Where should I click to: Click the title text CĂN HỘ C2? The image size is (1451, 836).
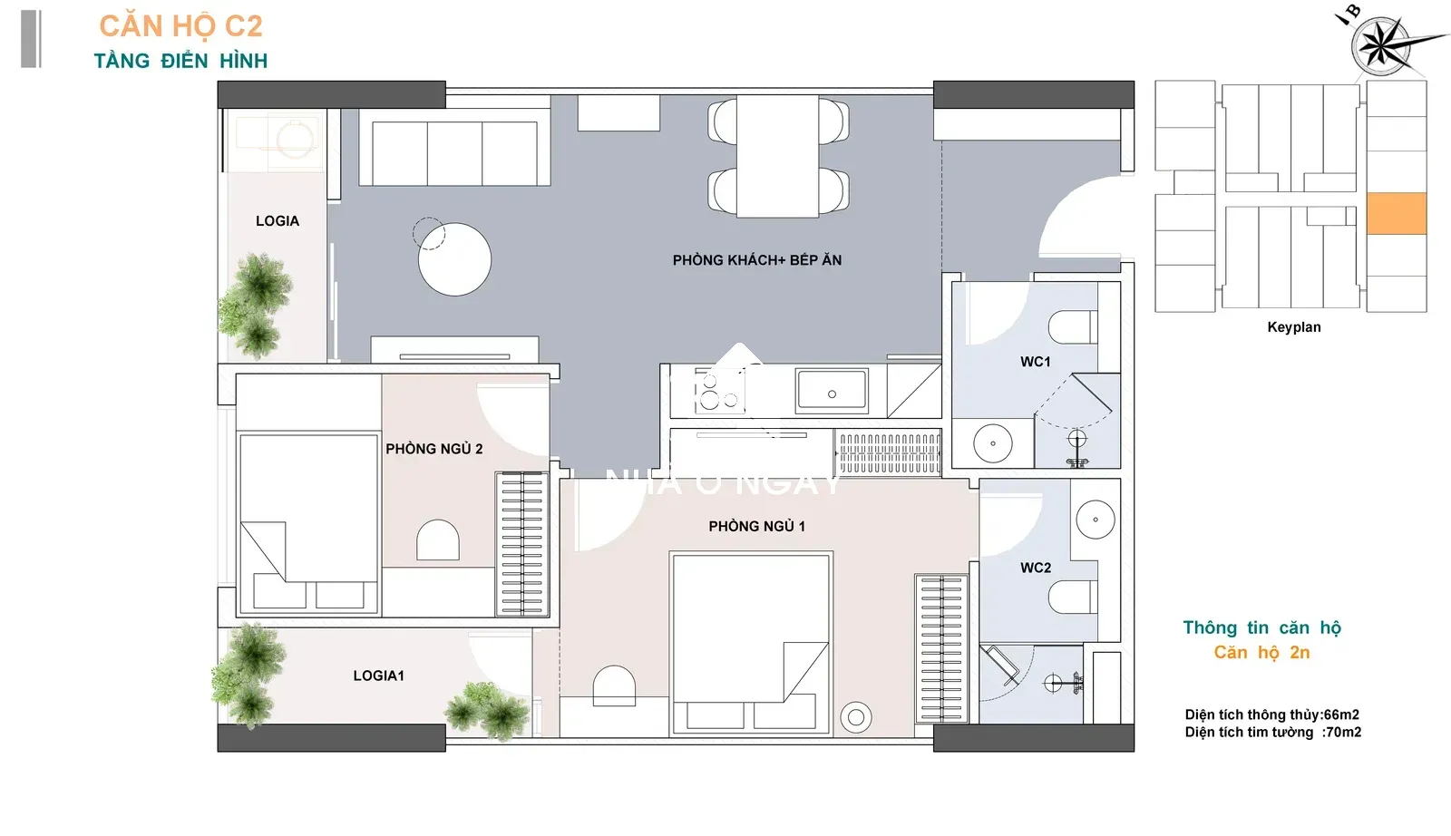[180, 26]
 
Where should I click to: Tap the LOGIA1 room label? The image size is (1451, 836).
[378, 676]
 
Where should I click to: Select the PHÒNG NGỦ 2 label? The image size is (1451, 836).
[434, 449]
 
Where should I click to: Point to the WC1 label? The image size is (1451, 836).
[1035, 362]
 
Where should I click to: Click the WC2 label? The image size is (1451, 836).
[1035, 568]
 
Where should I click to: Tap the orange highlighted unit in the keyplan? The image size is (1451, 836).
[1397, 213]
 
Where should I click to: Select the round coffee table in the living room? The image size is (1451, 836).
[454, 259]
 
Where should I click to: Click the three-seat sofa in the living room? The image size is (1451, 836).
[454, 147]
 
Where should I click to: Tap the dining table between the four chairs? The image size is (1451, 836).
[777, 156]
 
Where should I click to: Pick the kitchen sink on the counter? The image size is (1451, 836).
[832, 391]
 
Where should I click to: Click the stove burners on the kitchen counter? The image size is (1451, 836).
[719, 391]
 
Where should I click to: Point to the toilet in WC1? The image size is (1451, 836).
[1073, 327]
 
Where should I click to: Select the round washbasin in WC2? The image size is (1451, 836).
[1096, 520]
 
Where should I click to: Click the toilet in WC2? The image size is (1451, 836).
[1073, 597]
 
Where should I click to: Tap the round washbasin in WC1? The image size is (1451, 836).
[992, 443]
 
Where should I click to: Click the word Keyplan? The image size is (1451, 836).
[1293, 327]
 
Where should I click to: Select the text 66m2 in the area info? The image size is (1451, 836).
[1341, 714]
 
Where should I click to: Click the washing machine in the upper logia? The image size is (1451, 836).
[280, 140]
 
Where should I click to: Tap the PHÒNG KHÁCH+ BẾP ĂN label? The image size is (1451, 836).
[757, 260]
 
